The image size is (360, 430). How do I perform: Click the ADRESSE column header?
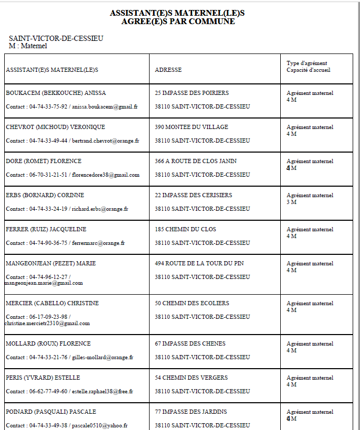[x=168, y=70]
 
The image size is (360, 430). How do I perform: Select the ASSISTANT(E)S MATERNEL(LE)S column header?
[x=52, y=70]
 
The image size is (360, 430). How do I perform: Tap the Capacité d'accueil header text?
[x=309, y=70]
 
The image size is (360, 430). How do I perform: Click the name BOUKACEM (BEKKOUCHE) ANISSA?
[x=56, y=93]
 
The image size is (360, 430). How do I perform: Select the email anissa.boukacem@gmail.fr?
[x=104, y=106]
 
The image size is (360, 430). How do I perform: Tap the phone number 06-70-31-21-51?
[x=48, y=175]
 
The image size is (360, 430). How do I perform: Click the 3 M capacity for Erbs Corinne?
[x=291, y=202]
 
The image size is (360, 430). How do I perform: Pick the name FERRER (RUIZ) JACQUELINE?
[x=46, y=229]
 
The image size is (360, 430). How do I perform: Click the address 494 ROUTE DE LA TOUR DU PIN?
[x=199, y=263]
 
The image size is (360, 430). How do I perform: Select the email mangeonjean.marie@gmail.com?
[x=44, y=283]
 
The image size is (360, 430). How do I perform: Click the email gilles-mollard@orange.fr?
[x=102, y=357]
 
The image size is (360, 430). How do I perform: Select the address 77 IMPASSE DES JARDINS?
[x=192, y=412]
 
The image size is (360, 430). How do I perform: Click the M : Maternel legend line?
[x=28, y=46]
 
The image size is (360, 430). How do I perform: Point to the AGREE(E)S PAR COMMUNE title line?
[x=178, y=21]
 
